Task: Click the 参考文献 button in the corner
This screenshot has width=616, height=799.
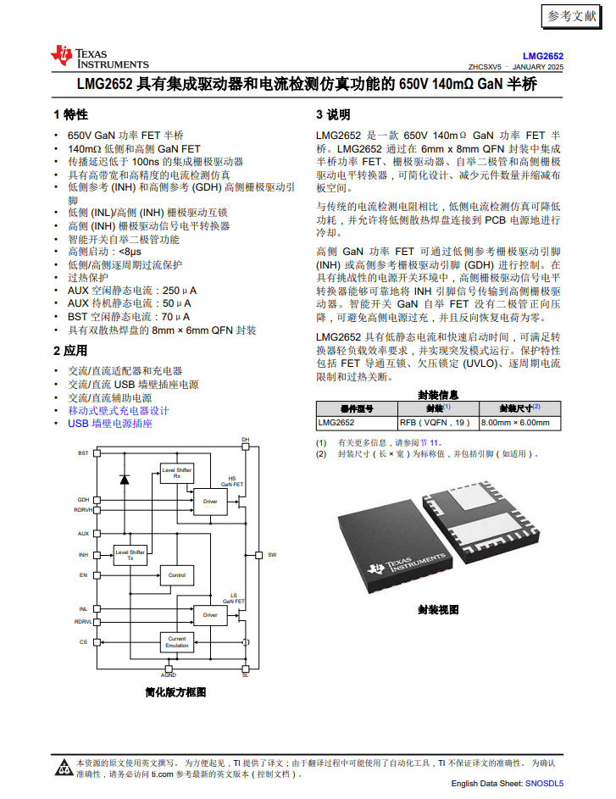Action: [x=572, y=16]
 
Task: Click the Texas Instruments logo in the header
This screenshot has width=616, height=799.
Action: [x=99, y=57]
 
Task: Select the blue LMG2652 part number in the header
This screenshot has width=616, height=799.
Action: [x=542, y=55]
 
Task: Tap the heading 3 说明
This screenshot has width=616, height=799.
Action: [x=333, y=114]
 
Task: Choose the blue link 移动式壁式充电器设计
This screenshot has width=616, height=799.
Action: [x=119, y=410]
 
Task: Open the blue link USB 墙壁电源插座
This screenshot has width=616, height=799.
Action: [x=110, y=423]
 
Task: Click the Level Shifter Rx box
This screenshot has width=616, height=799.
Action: [x=176, y=473]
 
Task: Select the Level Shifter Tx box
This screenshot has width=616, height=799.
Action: [x=130, y=556]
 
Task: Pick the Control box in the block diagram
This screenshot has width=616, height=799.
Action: [x=176, y=575]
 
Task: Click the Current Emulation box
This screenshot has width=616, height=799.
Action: [x=176, y=642]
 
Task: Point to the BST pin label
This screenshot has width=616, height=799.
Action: [x=83, y=453]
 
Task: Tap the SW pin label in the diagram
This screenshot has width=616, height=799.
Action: [x=272, y=555]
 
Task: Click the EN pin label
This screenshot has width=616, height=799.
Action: [x=84, y=575]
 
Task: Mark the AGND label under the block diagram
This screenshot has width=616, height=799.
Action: [x=169, y=675]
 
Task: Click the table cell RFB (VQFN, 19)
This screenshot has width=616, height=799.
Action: [x=434, y=422]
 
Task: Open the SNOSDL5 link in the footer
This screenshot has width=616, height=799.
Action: [x=544, y=785]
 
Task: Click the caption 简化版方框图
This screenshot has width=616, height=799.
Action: [x=175, y=692]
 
